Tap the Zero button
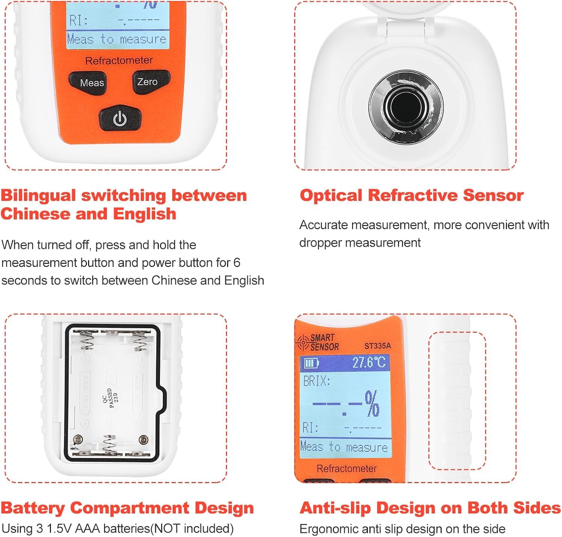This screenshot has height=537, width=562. (147, 82)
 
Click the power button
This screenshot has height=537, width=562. (120, 119)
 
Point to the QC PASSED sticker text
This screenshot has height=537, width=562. (110, 398)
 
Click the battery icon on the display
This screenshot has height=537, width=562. (311, 363)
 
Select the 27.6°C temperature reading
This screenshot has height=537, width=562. (369, 362)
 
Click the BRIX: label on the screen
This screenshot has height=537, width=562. (317, 381)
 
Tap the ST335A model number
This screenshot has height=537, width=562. (377, 346)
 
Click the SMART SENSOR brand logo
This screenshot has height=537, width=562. (318, 342)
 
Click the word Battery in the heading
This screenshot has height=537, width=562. (33, 508)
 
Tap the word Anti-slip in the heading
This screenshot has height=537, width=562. (335, 508)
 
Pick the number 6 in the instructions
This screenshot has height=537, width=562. (236, 263)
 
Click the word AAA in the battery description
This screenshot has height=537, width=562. (88, 528)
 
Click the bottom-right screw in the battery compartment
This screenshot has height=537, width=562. (143, 439)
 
